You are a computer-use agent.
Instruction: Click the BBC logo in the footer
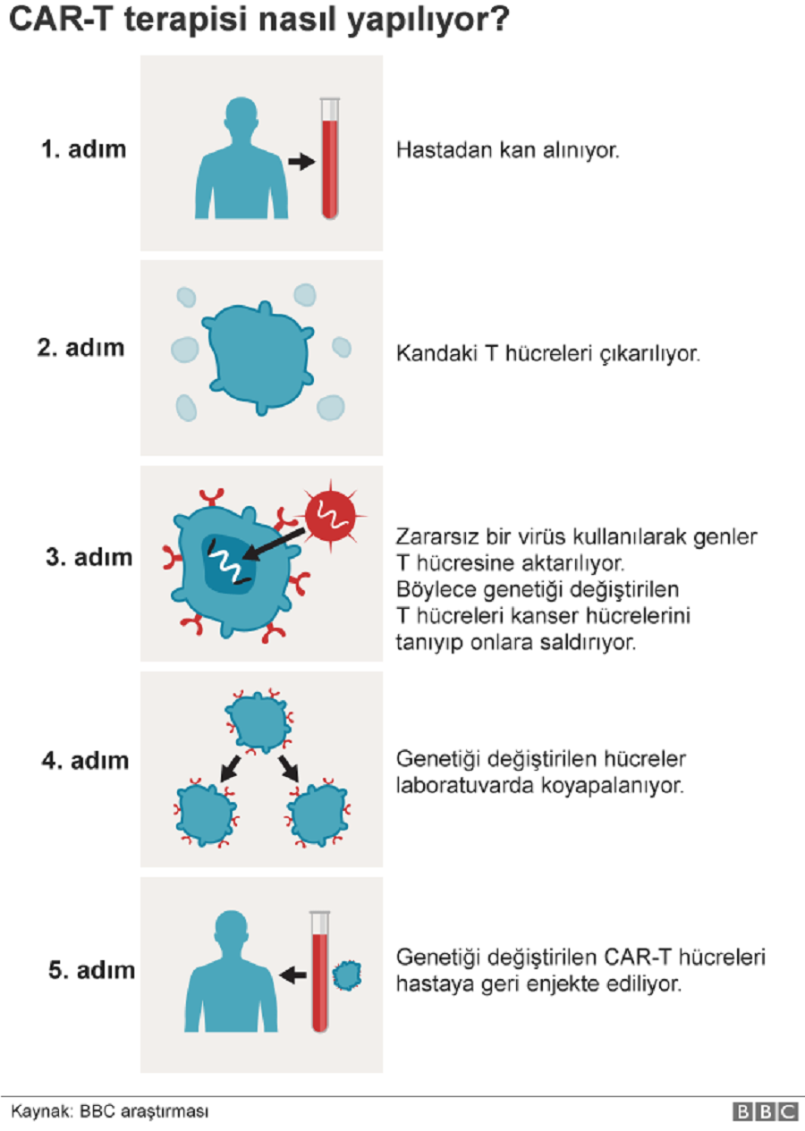[x=765, y=1112]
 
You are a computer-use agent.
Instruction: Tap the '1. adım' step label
[x=83, y=149]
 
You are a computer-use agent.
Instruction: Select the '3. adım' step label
[x=89, y=557]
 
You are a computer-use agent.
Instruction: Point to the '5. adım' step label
[x=91, y=970]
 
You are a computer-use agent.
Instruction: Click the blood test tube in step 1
[x=330, y=158]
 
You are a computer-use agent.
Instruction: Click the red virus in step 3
[x=331, y=516]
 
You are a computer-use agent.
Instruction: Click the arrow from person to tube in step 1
[x=302, y=162]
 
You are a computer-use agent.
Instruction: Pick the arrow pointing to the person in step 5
[x=292, y=975]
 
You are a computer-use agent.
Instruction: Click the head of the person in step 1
[x=241, y=114]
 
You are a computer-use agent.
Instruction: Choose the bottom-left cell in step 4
[x=206, y=814]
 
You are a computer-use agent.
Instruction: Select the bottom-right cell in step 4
[x=318, y=814]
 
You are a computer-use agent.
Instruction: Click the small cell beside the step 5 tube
[x=347, y=975]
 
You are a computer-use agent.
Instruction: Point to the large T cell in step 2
[x=258, y=358]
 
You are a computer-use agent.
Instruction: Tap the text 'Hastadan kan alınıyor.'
[x=507, y=150]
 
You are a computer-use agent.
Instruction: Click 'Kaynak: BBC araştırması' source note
[x=110, y=1111]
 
